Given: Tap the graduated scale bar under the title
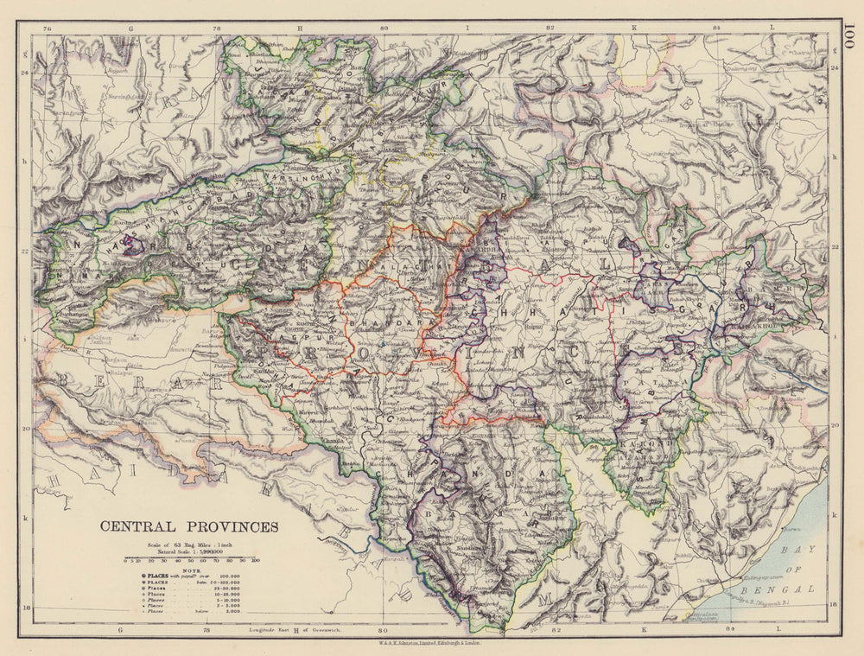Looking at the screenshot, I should click(193, 560).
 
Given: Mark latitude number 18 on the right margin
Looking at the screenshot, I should click(834, 608).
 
